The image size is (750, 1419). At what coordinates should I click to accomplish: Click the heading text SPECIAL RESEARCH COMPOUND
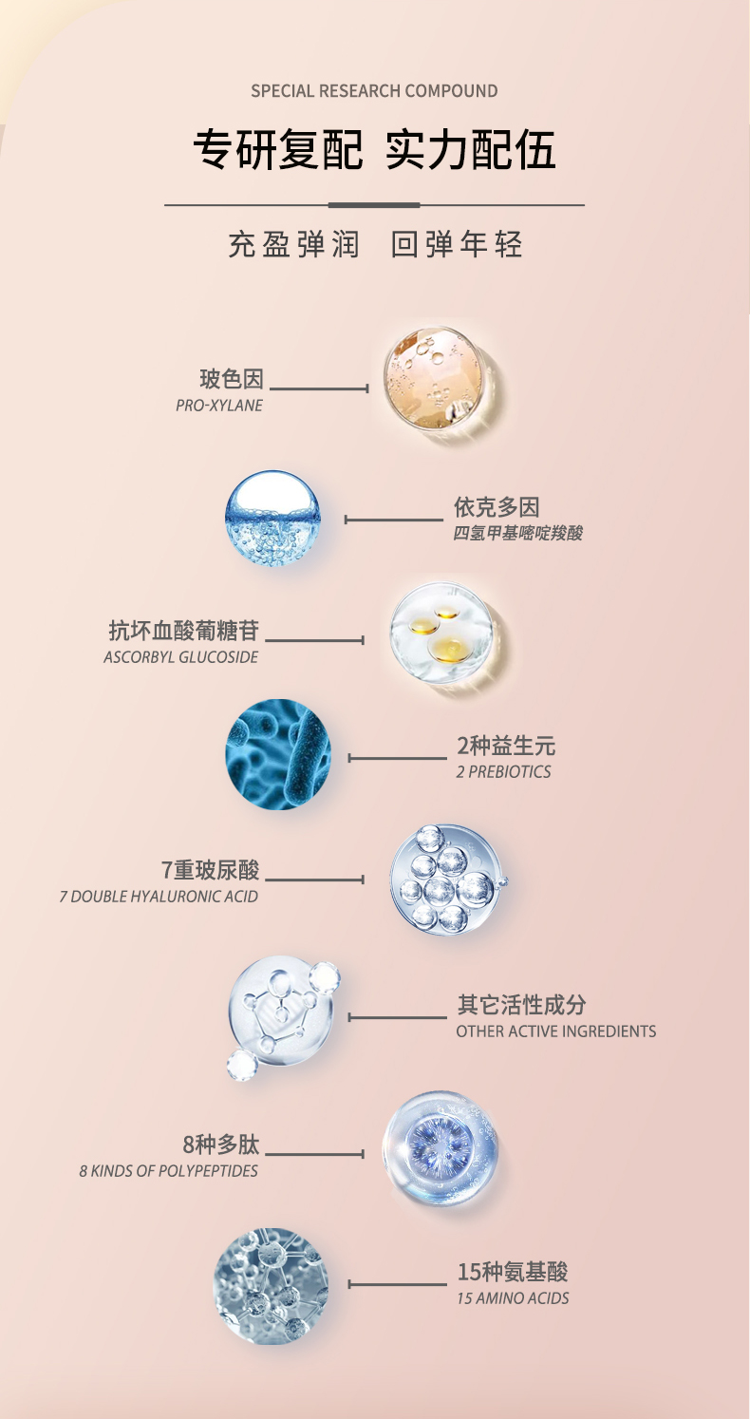click(x=374, y=91)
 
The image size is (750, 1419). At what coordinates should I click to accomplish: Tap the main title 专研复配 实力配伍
click(x=374, y=151)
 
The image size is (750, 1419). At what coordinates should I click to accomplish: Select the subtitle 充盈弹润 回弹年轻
click(x=374, y=244)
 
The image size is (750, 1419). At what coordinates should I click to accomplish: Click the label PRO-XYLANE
click(x=219, y=406)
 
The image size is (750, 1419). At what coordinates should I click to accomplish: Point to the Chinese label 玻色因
click(x=231, y=380)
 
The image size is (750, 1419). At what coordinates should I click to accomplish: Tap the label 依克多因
click(x=497, y=508)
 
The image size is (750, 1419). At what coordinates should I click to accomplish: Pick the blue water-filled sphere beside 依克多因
click(x=272, y=519)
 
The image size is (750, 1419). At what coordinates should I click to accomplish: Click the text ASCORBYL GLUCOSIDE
click(x=180, y=657)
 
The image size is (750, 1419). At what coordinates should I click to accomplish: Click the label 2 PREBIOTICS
click(x=503, y=772)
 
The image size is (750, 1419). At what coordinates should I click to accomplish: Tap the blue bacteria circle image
click(x=278, y=754)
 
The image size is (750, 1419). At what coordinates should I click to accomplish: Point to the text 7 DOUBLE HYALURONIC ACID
click(x=159, y=897)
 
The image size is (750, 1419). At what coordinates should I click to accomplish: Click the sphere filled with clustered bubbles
click(x=445, y=880)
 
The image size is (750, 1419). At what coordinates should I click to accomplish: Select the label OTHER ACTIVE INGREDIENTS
click(x=555, y=1031)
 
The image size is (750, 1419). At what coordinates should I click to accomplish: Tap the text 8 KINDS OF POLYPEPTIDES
click(x=169, y=1171)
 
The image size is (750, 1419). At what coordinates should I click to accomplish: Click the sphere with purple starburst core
click(x=440, y=1148)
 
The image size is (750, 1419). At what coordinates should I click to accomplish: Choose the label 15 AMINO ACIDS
click(x=513, y=1298)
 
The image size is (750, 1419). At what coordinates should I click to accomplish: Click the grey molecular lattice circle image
click(x=272, y=1285)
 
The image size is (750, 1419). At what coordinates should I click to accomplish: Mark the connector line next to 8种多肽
click(x=314, y=1154)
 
